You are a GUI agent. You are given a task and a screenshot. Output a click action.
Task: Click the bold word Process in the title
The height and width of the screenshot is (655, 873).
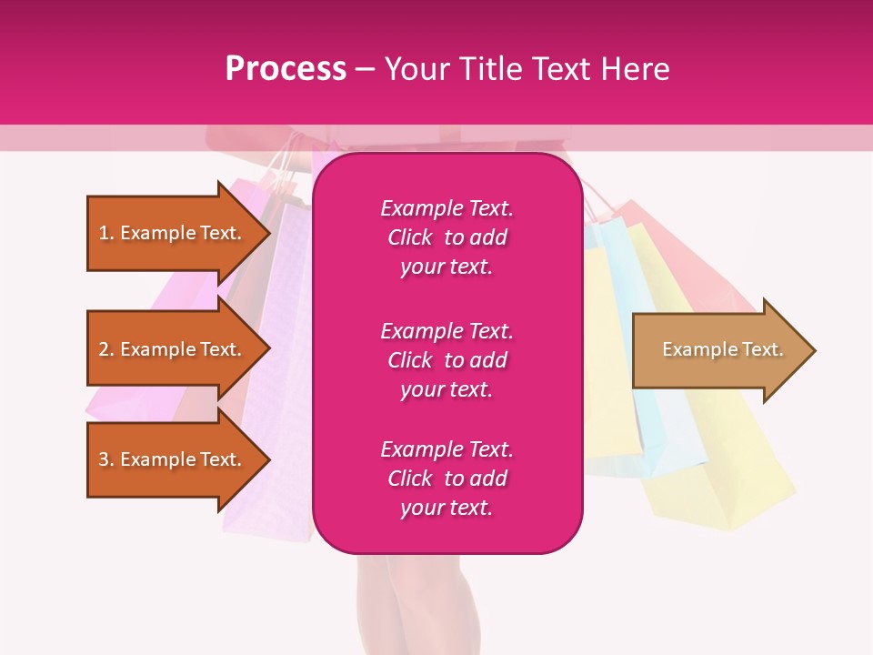286,69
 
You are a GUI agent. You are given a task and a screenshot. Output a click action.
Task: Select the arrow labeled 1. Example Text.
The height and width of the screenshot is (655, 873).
173,233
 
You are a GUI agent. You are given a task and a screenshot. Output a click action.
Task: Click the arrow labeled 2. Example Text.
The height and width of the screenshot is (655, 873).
173,349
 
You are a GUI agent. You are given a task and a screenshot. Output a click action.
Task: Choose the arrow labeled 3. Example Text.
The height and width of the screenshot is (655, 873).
173,459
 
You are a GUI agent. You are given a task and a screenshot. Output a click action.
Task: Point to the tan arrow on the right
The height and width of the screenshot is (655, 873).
718,350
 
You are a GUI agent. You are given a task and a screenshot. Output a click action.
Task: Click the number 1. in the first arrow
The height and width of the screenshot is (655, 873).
106,233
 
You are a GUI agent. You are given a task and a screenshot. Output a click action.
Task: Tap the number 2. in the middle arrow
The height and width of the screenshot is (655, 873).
106,349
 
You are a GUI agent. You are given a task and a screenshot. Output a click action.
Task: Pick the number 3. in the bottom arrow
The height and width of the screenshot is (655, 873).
106,459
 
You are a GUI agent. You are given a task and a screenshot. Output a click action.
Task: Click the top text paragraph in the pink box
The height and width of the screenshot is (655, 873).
447,237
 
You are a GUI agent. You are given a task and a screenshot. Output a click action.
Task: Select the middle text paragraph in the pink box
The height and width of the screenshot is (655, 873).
447,360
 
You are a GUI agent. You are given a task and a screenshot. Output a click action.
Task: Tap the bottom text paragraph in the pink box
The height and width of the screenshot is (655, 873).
447,479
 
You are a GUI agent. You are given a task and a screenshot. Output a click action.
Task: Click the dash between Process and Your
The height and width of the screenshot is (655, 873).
365,69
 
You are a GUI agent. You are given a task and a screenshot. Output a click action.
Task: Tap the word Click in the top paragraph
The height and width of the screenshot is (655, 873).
410,237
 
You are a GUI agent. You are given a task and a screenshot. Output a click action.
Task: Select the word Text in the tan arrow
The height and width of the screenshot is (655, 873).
762,349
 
